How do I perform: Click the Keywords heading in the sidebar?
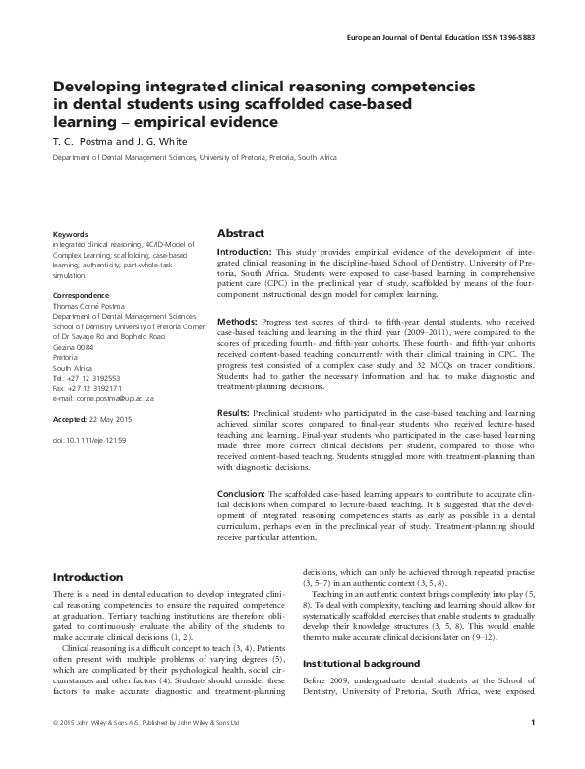pyautogui.click(x=71, y=235)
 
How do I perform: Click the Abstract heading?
pyautogui.click(x=240, y=233)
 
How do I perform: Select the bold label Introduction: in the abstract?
pyautogui.click(x=248, y=252)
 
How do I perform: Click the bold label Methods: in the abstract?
pyautogui.click(x=238, y=323)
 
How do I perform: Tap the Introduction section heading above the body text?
pyautogui.click(x=88, y=576)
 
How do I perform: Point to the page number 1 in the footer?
pyautogui.click(x=531, y=751)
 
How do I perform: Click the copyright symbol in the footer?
pyautogui.click(x=56, y=751)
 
